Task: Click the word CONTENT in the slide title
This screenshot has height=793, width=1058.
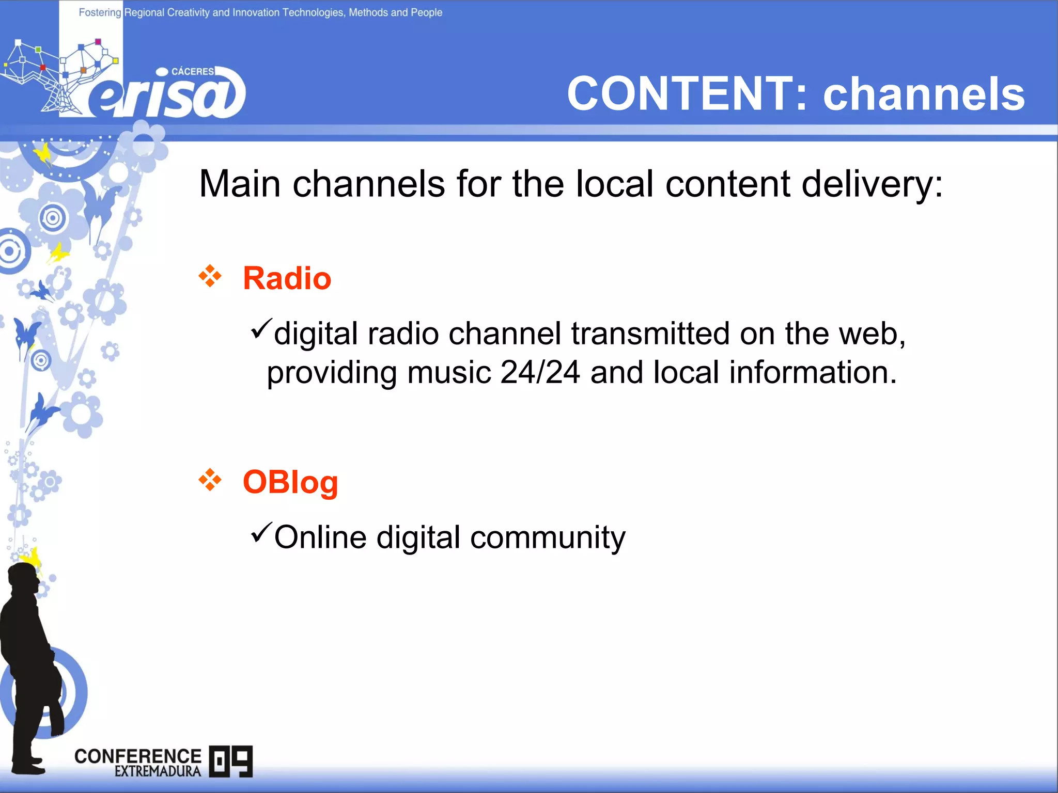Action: coord(680,94)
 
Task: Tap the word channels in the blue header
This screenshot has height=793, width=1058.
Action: coord(924,94)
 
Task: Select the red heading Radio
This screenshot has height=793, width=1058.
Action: coord(287,278)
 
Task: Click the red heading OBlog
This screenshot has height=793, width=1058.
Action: coord(290,482)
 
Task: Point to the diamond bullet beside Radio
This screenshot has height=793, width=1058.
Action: coord(210,276)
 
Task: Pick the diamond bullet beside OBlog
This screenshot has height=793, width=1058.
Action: coord(210,480)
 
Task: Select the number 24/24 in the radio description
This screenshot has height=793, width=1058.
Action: coord(540,372)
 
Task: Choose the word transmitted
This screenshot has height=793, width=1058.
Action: coord(650,334)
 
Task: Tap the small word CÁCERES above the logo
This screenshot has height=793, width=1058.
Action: coord(192,71)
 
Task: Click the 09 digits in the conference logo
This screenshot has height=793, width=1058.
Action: coord(231,761)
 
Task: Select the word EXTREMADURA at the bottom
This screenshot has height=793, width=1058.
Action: coord(158,771)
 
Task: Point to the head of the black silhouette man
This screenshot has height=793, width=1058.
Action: coord(24,578)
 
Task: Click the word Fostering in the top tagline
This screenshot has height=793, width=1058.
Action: coord(100,12)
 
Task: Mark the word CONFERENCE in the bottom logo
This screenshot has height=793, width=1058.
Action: coord(138,756)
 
